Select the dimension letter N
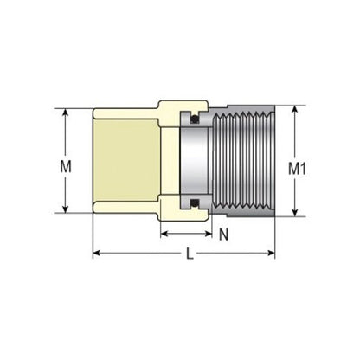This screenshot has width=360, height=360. coord(223,233)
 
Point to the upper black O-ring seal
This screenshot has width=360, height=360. coord(195,119)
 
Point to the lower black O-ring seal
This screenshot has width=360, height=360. coord(195,204)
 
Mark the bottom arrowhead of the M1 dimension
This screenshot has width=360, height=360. coord(297,212)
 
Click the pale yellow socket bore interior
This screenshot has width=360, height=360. coord(125,162)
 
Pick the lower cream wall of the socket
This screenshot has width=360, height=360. coord(125,209)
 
